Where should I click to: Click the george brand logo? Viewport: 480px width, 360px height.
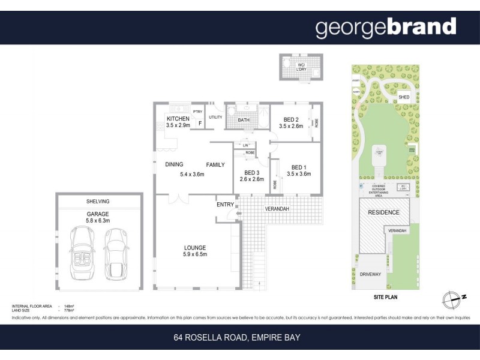tap(386, 27)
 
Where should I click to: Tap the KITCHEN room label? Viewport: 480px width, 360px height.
tap(178, 119)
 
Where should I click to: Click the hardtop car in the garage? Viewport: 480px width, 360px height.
tap(116, 253)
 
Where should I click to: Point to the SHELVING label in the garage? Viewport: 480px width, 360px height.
tap(98, 201)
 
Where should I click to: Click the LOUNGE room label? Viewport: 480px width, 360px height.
tap(195, 247)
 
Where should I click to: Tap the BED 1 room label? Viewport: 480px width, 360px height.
tap(298, 167)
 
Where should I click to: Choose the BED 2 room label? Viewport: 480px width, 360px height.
tap(291, 119)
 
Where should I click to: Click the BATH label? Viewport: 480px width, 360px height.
tap(244, 120)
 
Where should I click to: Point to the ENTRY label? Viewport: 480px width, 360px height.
tap(225, 205)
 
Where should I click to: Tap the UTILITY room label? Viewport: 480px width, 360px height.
tap(215, 117)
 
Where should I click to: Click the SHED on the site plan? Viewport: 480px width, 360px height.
tap(404, 97)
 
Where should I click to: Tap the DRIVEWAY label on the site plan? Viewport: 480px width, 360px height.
tap(370, 274)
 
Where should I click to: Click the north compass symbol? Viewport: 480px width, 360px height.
tap(453, 298)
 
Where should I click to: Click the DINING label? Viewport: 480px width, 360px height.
tap(175, 164)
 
